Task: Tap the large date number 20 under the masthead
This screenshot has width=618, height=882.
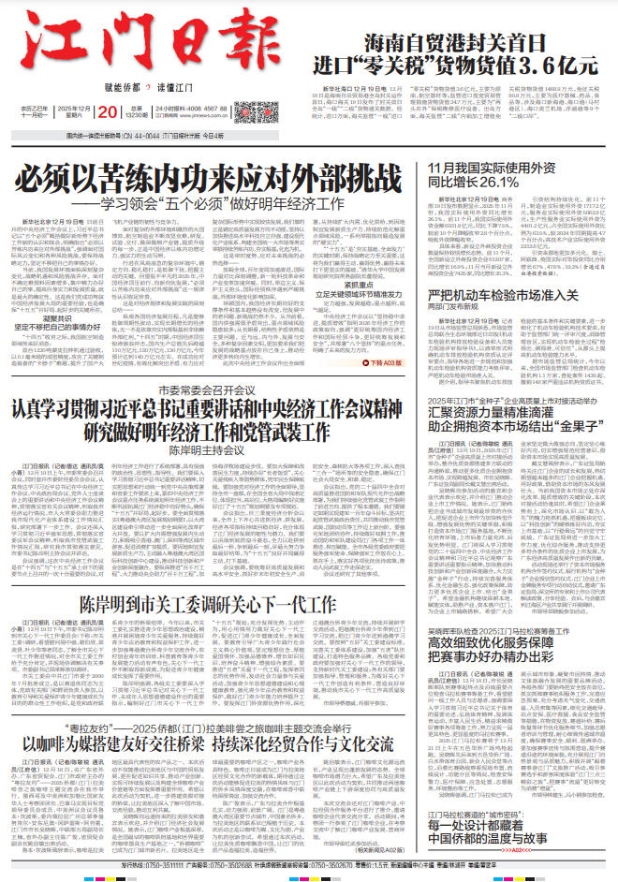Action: pyautogui.click(x=106, y=113)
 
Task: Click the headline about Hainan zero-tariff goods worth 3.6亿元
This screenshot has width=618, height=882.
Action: pyautogui.click(x=480, y=55)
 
